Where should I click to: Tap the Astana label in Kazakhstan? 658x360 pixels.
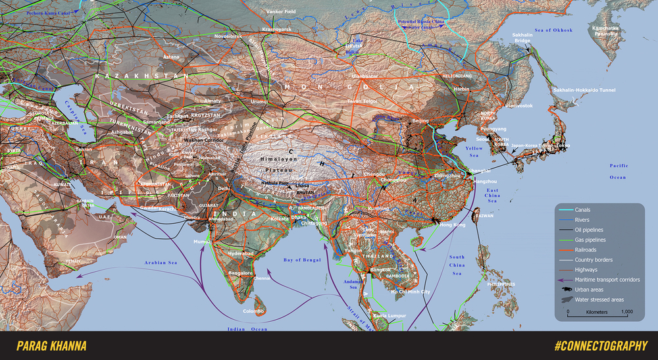point(170,57)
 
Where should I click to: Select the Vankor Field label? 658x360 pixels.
point(280,11)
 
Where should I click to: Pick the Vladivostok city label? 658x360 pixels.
point(519,105)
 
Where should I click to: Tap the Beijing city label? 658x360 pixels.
point(420,121)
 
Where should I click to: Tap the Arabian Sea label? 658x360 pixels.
point(163,264)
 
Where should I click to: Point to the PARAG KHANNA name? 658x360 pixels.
point(51,346)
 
